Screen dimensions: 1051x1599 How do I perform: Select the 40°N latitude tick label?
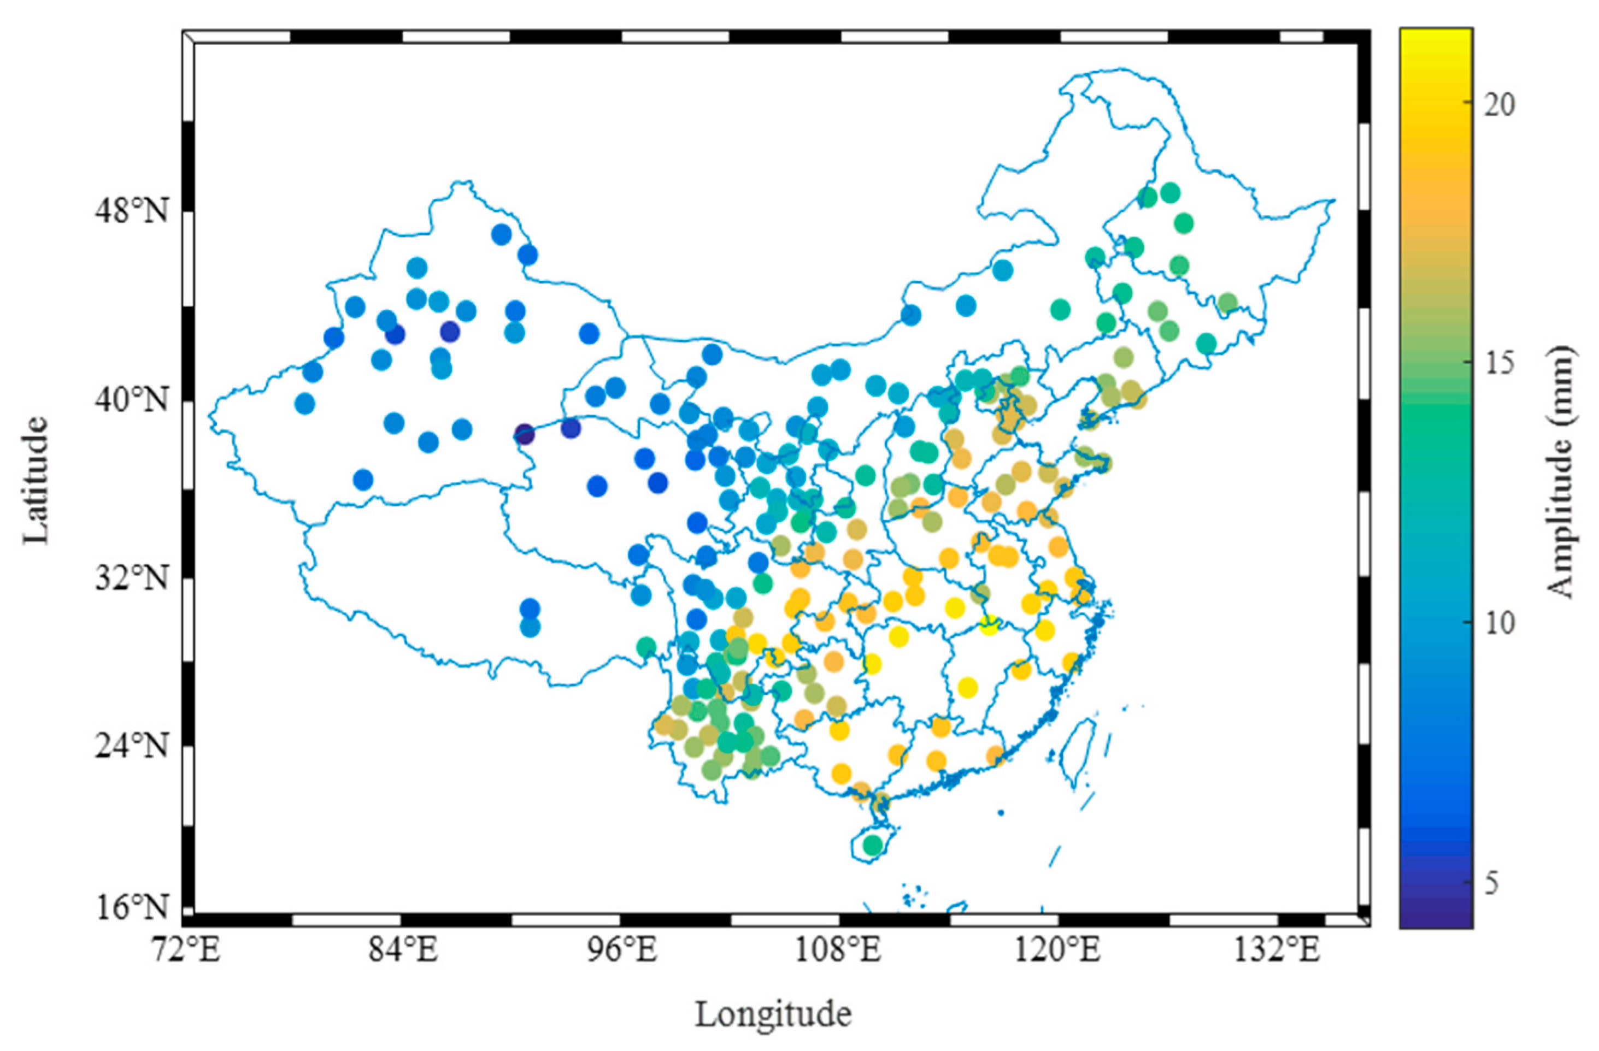133,401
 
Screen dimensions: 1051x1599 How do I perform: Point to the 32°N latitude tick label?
133,579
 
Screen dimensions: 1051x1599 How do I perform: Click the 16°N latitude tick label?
133,908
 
